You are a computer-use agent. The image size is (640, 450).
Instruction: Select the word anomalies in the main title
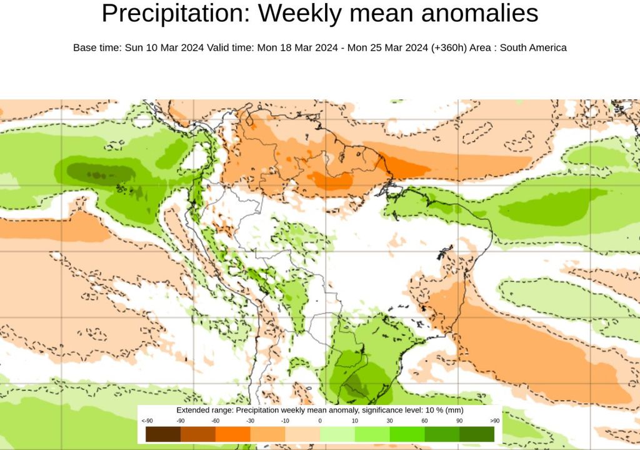(479, 14)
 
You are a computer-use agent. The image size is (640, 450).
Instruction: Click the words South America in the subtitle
(537, 48)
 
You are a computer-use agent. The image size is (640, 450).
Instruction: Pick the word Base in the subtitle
(85, 48)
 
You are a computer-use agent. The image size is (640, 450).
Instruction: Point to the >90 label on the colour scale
(494, 421)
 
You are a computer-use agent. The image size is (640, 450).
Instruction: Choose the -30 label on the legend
(250, 421)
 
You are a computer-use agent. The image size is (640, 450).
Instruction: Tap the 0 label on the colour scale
(319, 421)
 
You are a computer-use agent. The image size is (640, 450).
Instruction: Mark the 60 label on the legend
(424, 421)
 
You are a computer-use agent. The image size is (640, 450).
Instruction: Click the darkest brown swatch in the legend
(162, 434)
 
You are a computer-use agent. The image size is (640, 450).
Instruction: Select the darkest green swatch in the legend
(477, 434)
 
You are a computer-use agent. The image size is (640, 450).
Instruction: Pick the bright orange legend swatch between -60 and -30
(232, 434)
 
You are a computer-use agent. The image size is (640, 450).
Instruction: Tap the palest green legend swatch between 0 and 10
(337, 434)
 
